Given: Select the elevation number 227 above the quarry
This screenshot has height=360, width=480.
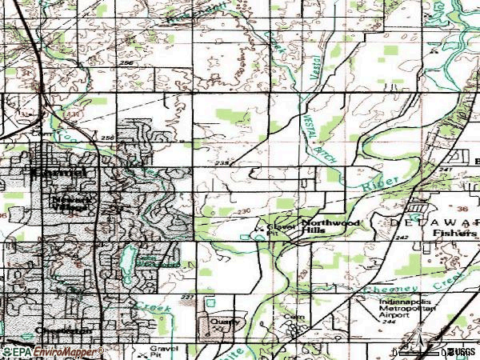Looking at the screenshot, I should pyautogui.click(x=188, y=298).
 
